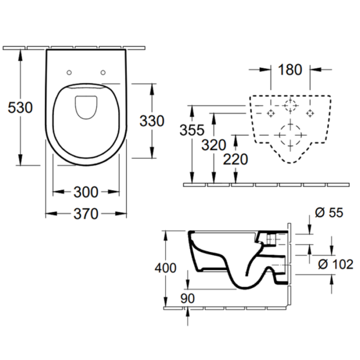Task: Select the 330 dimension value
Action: click(x=152, y=121)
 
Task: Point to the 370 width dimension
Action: click(x=86, y=214)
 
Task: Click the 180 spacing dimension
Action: click(x=290, y=70)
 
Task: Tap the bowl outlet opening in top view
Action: click(x=86, y=106)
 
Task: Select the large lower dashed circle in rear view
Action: click(x=290, y=135)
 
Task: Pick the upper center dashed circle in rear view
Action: click(x=291, y=107)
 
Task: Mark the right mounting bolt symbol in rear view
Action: click(x=310, y=113)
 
